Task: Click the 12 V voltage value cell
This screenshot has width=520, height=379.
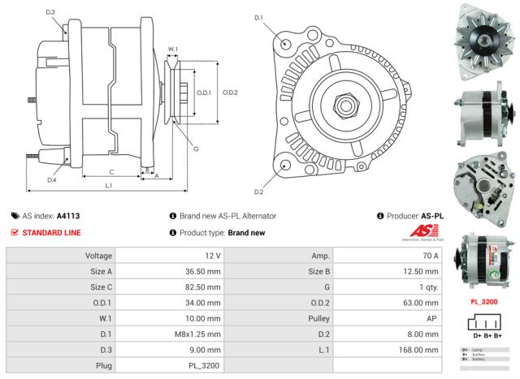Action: pyautogui.click(x=214, y=256)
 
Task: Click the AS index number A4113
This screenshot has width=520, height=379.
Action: pyautogui.click(x=68, y=216)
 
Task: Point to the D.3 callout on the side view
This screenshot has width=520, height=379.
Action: pyautogui.click(x=50, y=12)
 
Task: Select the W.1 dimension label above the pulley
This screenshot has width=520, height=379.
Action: pyautogui.click(x=172, y=50)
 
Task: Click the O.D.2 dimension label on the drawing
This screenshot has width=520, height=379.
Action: pyautogui.click(x=229, y=92)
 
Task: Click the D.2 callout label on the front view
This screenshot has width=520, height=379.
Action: pyautogui.click(x=258, y=192)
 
